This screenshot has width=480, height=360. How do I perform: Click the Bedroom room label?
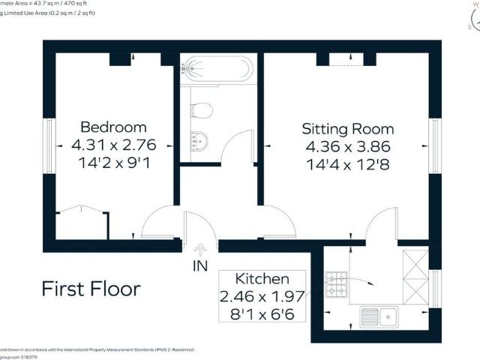113,127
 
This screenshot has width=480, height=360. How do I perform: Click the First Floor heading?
91,289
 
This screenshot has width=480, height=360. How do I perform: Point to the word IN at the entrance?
200,266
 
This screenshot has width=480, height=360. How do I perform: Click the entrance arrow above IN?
200,250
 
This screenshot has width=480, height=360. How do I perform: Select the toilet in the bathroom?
201,111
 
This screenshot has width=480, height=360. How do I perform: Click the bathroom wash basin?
198,139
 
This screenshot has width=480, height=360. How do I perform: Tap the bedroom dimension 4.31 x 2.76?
113,145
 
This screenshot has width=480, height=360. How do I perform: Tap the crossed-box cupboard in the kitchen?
415,276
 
